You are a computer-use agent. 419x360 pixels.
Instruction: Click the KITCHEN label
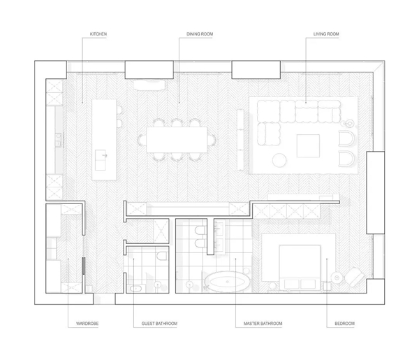coord(98,34)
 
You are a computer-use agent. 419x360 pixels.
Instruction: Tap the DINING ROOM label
coord(200,34)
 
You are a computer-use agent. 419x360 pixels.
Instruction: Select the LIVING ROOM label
coord(326,34)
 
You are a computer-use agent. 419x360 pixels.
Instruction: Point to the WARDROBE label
coord(87,324)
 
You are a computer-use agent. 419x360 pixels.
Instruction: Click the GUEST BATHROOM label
coord(159,324)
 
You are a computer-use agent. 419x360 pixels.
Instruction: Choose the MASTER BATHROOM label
coord(263,324)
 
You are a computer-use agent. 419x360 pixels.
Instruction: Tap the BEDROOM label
coord(344,324)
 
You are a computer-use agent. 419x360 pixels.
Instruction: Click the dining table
coord(177,140)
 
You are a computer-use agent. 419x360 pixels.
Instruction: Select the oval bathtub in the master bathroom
coord(228,282)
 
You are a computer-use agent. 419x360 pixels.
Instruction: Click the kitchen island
coord(104,140)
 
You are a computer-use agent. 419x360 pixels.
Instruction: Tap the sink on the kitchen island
coord(101,160)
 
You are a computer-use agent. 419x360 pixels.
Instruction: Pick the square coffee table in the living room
coord(308,146)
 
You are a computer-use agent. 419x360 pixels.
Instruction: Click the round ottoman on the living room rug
coord(279,160)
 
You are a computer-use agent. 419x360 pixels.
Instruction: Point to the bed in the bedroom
coord(300,268)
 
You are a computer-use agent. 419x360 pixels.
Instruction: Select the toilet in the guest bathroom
coord(162,255)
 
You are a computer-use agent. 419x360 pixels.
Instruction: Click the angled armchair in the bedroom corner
coord(354,277)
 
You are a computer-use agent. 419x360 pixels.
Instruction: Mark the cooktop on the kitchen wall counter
coord(58,140)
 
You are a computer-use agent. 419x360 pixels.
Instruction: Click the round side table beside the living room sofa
coord(348,124)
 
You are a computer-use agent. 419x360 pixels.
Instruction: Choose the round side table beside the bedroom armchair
coord(337,278)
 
